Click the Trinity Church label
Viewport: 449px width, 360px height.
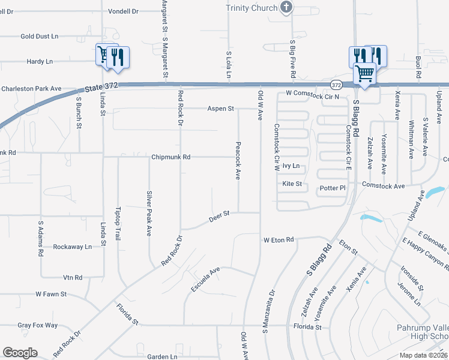point(252,8)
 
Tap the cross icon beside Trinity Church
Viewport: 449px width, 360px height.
point(287,8)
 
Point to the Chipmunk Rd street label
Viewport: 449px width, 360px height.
point(170,157)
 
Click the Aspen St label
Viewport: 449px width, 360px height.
point(220,109)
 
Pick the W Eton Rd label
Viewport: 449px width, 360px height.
point(279,239)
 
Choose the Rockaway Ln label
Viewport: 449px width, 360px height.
point(72,247)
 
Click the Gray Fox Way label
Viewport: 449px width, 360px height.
point(37,325)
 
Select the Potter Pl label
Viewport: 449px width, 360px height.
point(333,188)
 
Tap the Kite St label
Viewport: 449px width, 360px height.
point(292,184)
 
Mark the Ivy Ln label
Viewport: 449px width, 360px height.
point(291,166)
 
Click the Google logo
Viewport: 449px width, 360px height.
point(20,353)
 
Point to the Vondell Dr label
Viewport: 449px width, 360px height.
point(123,11)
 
